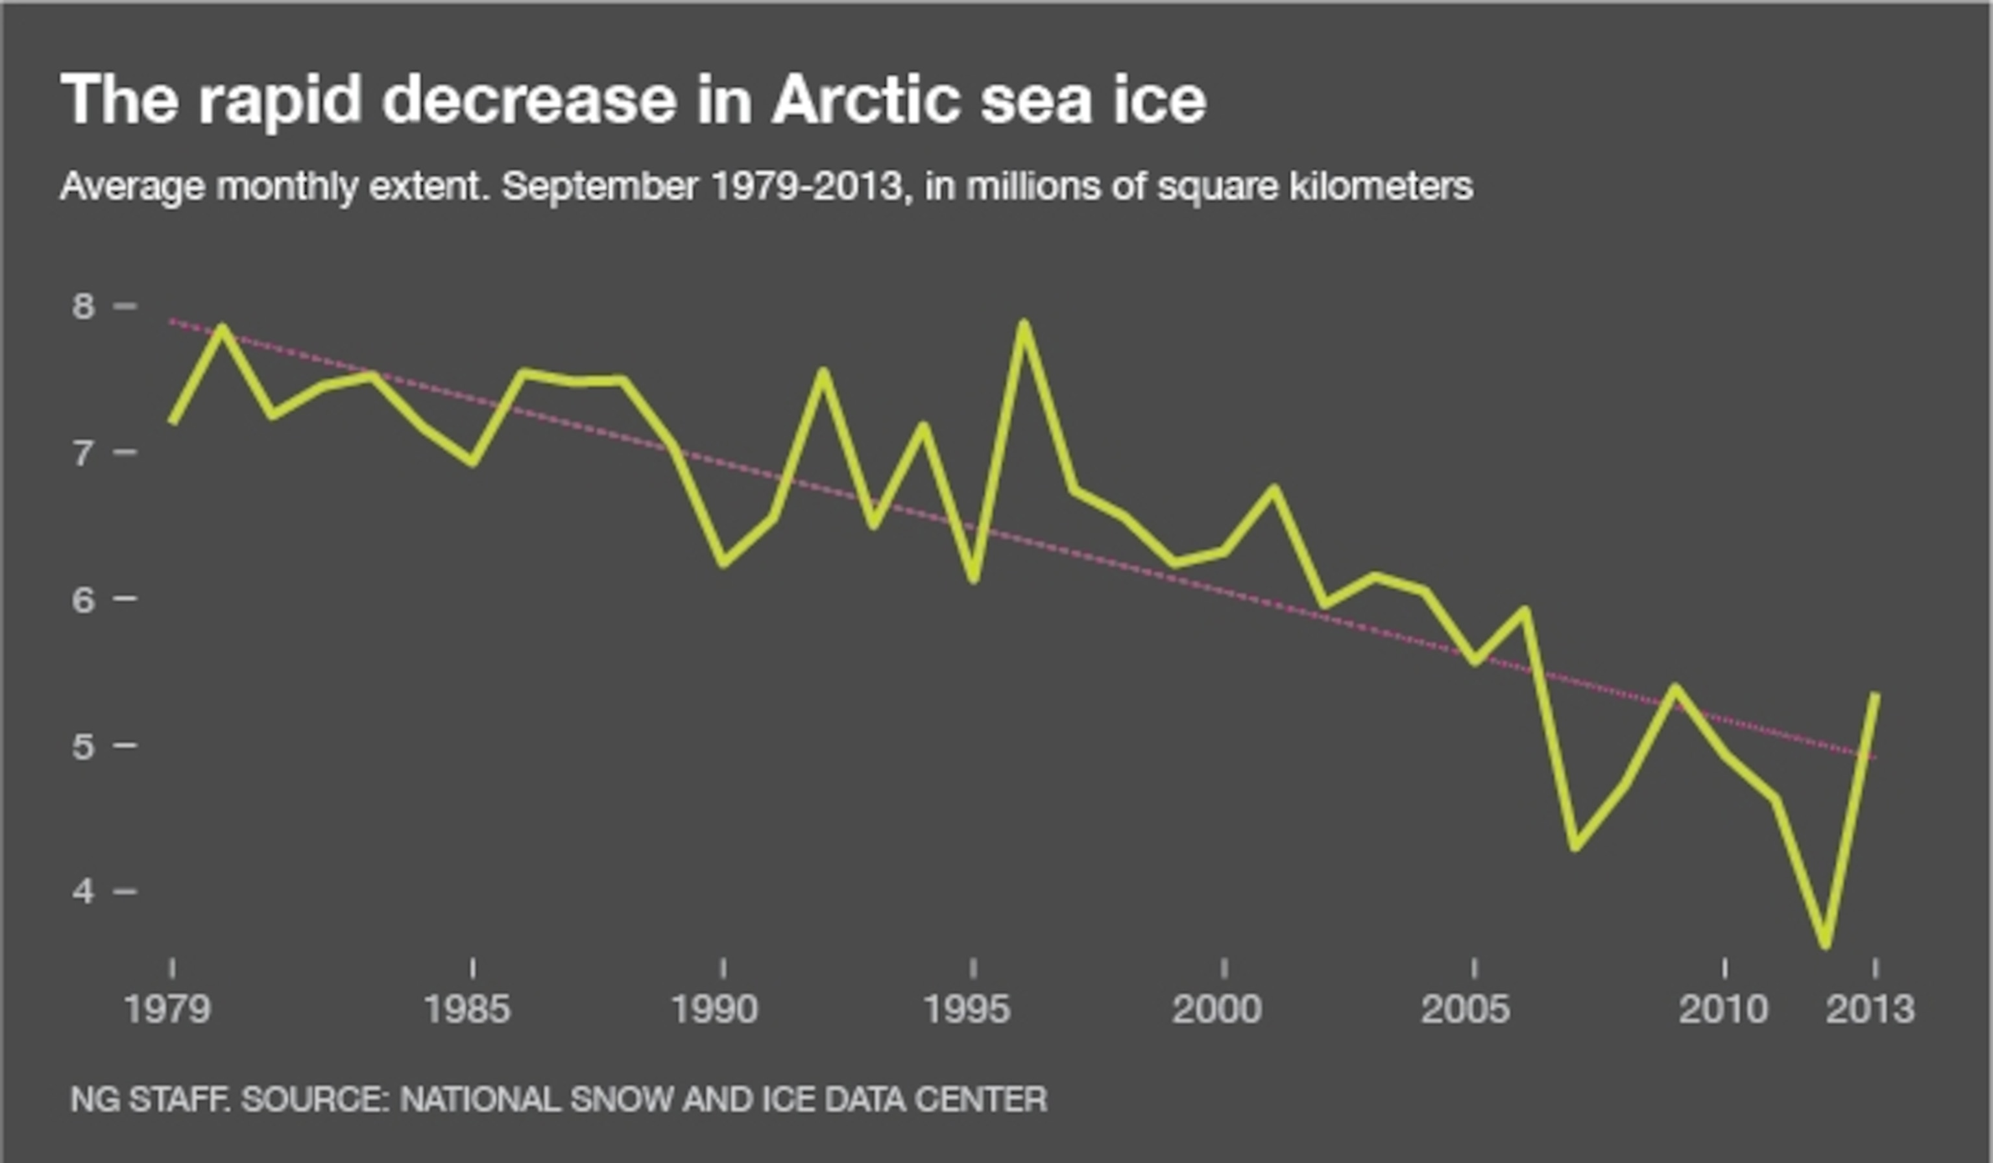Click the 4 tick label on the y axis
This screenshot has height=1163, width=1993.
point(83,892)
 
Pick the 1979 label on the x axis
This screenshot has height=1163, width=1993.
point(167,1010)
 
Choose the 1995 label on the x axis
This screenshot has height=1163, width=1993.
point(967,1010)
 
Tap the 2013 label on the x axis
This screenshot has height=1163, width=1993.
point(1870,1010)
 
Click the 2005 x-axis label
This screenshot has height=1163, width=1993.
point(1466,1010)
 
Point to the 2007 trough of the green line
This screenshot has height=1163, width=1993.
point(1575,846)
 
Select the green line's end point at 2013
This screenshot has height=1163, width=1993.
point(1875,696)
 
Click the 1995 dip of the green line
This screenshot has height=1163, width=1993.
point(974,579)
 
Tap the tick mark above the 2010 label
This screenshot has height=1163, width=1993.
point(1725,967)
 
